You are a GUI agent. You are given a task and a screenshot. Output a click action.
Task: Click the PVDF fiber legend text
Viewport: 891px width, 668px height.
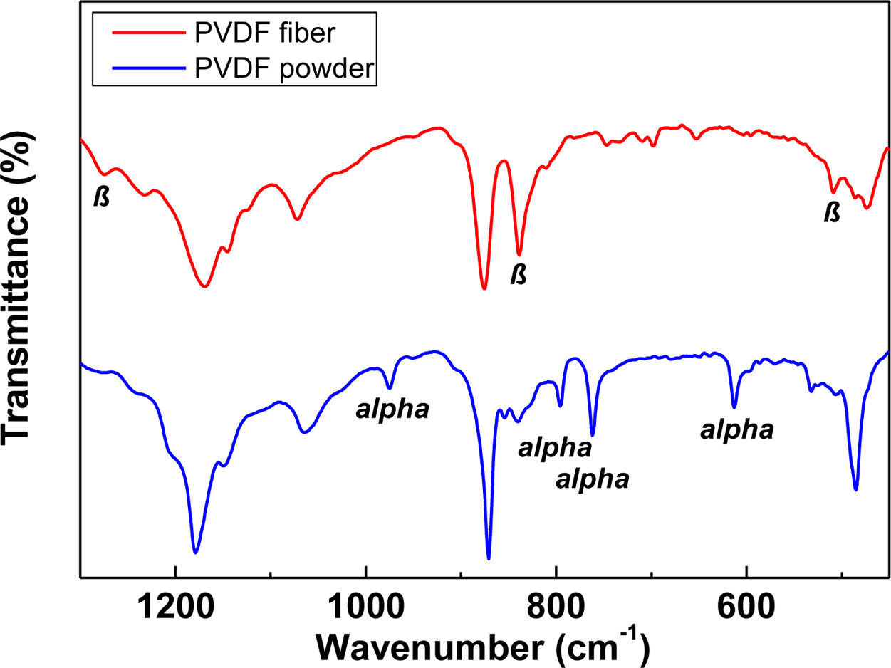(x=259, y=33)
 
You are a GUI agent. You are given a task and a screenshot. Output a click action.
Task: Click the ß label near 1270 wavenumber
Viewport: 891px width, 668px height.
(x=103, y=197)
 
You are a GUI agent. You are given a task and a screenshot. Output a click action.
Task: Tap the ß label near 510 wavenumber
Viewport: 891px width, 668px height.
(x=830, y=212)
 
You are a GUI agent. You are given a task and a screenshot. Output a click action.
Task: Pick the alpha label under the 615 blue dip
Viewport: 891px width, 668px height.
(x=737, y=430)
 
